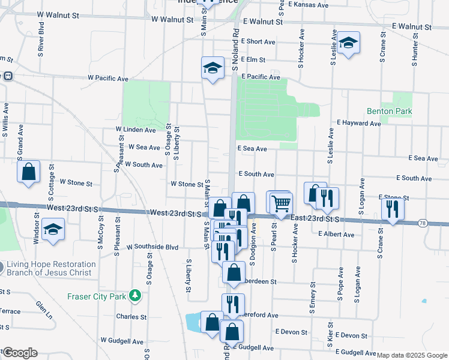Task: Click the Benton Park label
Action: (389, 111)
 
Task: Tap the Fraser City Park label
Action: (96, 295)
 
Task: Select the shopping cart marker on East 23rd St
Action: (280, 203)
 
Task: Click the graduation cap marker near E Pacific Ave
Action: (212, 68)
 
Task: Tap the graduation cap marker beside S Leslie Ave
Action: (348, 43)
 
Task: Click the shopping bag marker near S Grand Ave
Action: (28, 173)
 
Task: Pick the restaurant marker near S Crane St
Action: (393, 209)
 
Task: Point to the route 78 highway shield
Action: (424, 223)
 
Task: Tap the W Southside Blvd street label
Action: (148, 247)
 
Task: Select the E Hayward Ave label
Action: (359, 123)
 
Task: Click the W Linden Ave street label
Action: (136, 130)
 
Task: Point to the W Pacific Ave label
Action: (108, 78)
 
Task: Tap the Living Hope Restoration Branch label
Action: (51, 268)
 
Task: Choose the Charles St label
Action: (131, 317)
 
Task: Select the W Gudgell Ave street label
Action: (122, 340)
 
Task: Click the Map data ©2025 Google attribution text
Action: (412, 355)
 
